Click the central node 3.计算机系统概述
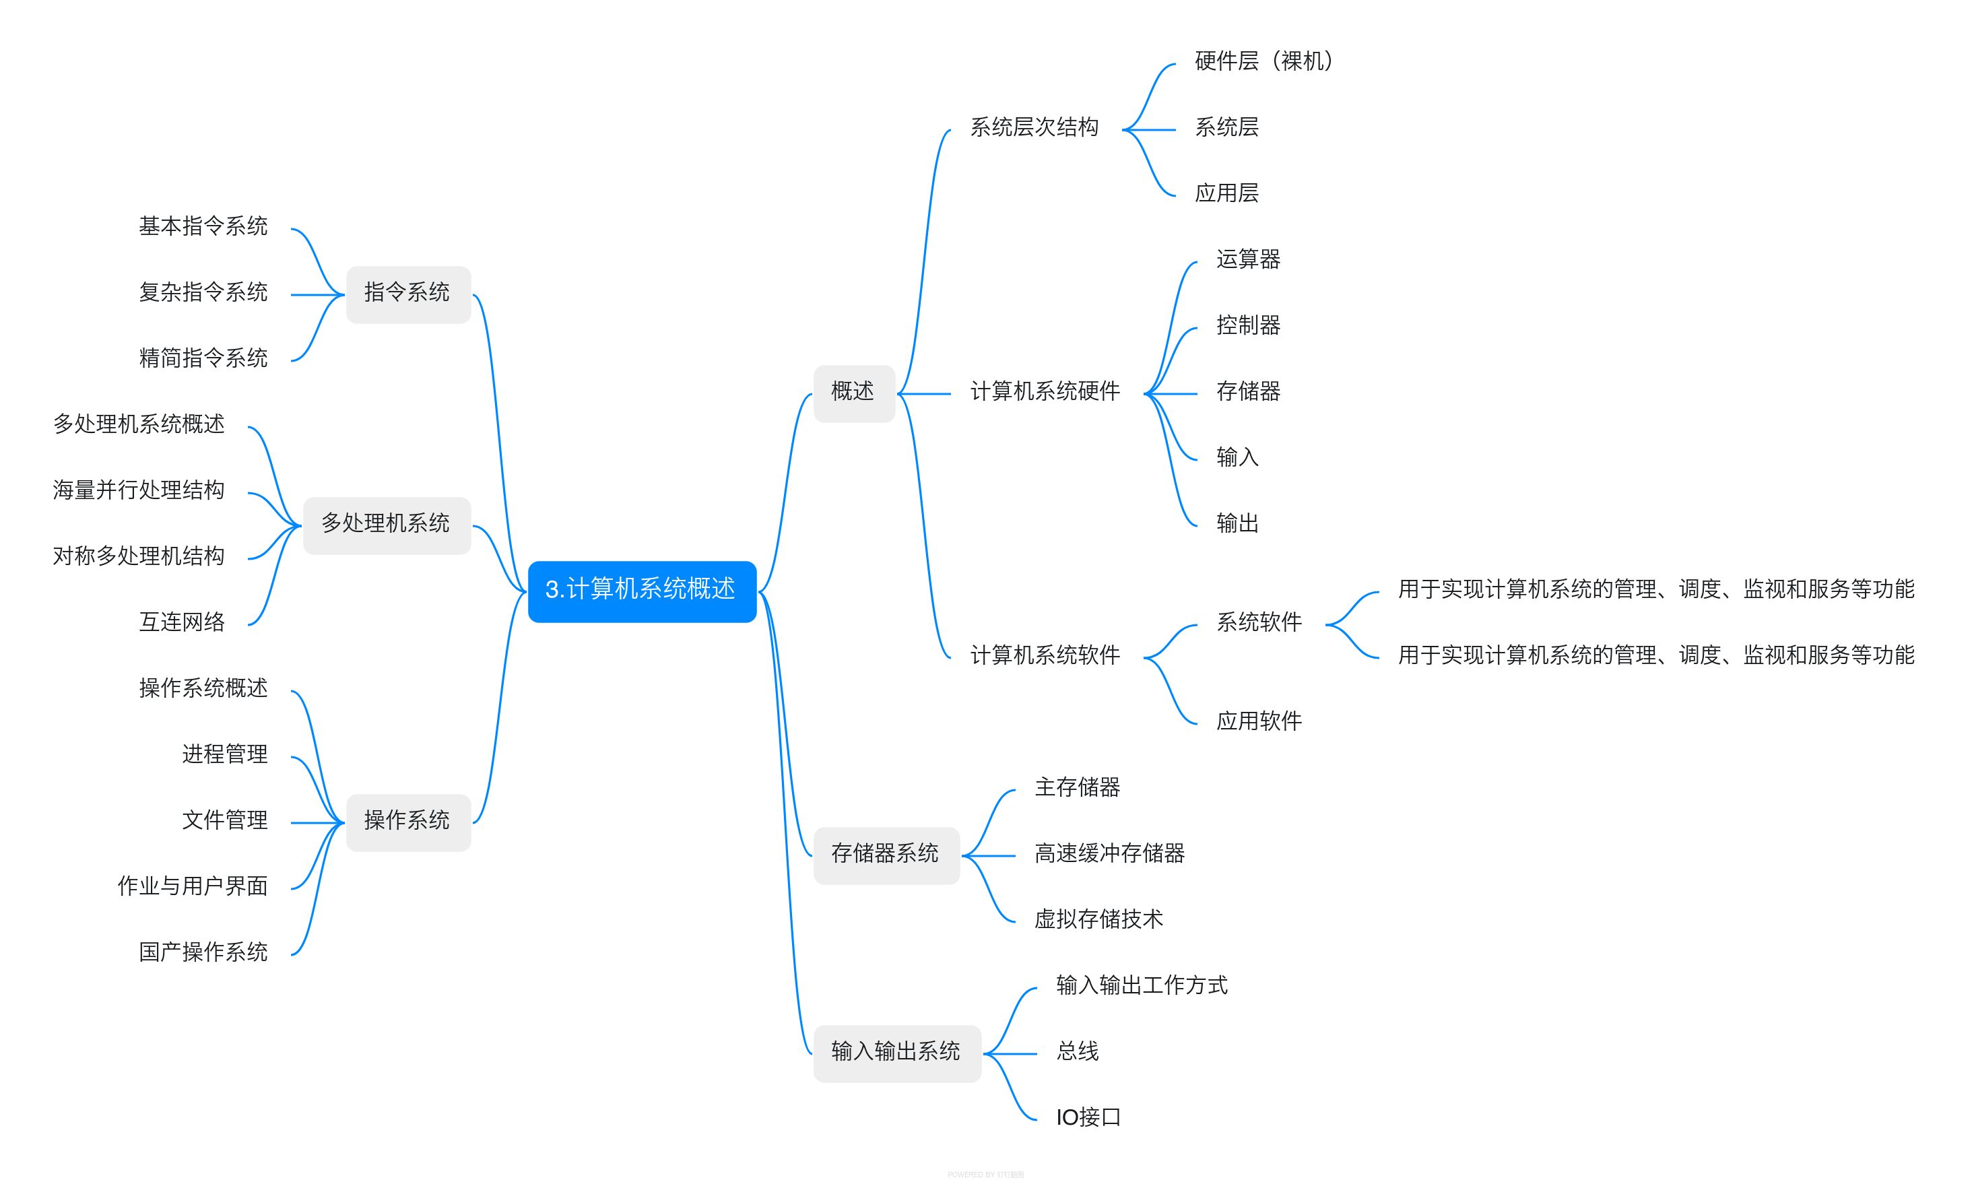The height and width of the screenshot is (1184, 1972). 641,591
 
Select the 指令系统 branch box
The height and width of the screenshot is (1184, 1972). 407,294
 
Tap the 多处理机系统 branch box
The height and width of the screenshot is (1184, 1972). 386,525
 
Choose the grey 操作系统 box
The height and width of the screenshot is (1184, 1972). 407,822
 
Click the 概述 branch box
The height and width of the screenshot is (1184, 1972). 853,393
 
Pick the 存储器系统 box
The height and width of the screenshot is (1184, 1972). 886,855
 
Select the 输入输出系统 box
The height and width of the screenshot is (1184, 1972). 896,1053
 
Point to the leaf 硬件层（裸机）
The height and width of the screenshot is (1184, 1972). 1263,62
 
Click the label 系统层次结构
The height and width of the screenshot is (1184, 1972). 1034,129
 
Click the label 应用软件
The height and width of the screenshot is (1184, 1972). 1259,722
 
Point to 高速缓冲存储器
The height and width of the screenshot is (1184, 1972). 1109,855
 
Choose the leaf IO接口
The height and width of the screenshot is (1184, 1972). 1088,1119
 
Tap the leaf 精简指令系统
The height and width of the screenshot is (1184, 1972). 203,359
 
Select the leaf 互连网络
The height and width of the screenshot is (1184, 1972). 182,623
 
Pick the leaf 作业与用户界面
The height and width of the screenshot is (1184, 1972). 192,887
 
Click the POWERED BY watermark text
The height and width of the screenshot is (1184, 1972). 985,1175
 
